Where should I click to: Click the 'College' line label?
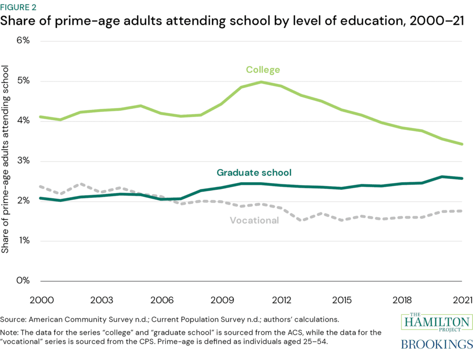click(x=263, y=70)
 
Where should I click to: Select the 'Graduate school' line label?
click(x=254, y=172)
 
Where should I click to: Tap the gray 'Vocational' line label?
click(x=254, y=220)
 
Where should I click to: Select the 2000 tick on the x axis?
click(x=42, y=300)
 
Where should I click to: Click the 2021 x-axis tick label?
click(x=462, y=300)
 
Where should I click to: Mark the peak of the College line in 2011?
click(x=261, y=82)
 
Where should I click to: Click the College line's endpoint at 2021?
click(x=462, y=144)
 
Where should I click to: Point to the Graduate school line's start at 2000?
click(x=42, y=198)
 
